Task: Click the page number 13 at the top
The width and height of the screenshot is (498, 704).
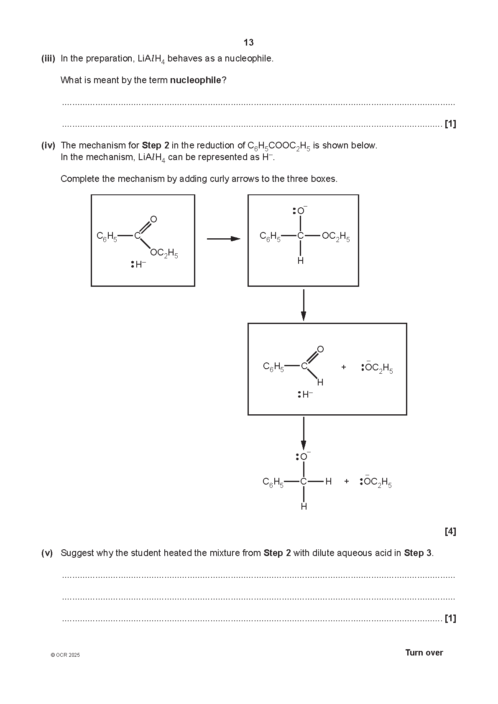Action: point(248,43)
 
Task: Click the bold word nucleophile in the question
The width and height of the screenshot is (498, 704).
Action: point(195,80)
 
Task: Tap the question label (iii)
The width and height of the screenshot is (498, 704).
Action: point(48,59)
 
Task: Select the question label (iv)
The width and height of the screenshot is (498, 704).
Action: point(48,145)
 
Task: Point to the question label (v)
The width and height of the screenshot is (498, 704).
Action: point(47,553)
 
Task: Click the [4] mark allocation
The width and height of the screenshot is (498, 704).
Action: point(450,532)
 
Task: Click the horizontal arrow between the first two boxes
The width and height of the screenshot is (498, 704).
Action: point(223,239)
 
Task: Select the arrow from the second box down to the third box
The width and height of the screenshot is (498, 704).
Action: point(304,305)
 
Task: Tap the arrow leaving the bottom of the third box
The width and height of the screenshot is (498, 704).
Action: point(304,433)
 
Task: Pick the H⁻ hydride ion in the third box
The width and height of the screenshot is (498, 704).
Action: point(307,394)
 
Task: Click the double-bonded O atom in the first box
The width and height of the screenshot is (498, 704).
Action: point(153,219)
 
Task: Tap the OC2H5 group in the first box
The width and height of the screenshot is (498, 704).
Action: point(164,253)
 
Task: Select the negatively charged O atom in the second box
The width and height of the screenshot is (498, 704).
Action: point(301,211)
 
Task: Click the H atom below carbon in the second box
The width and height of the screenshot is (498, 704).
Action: point(301,261)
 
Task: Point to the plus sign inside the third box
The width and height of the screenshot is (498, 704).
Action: point(344,367)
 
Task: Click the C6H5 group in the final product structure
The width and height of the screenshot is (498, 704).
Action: point(273,482)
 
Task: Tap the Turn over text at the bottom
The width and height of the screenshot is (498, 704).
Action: point(424,653)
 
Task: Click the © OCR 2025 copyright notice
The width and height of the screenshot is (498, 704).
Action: point(65,655)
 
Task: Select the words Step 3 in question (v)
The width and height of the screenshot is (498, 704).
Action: point(418,553)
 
